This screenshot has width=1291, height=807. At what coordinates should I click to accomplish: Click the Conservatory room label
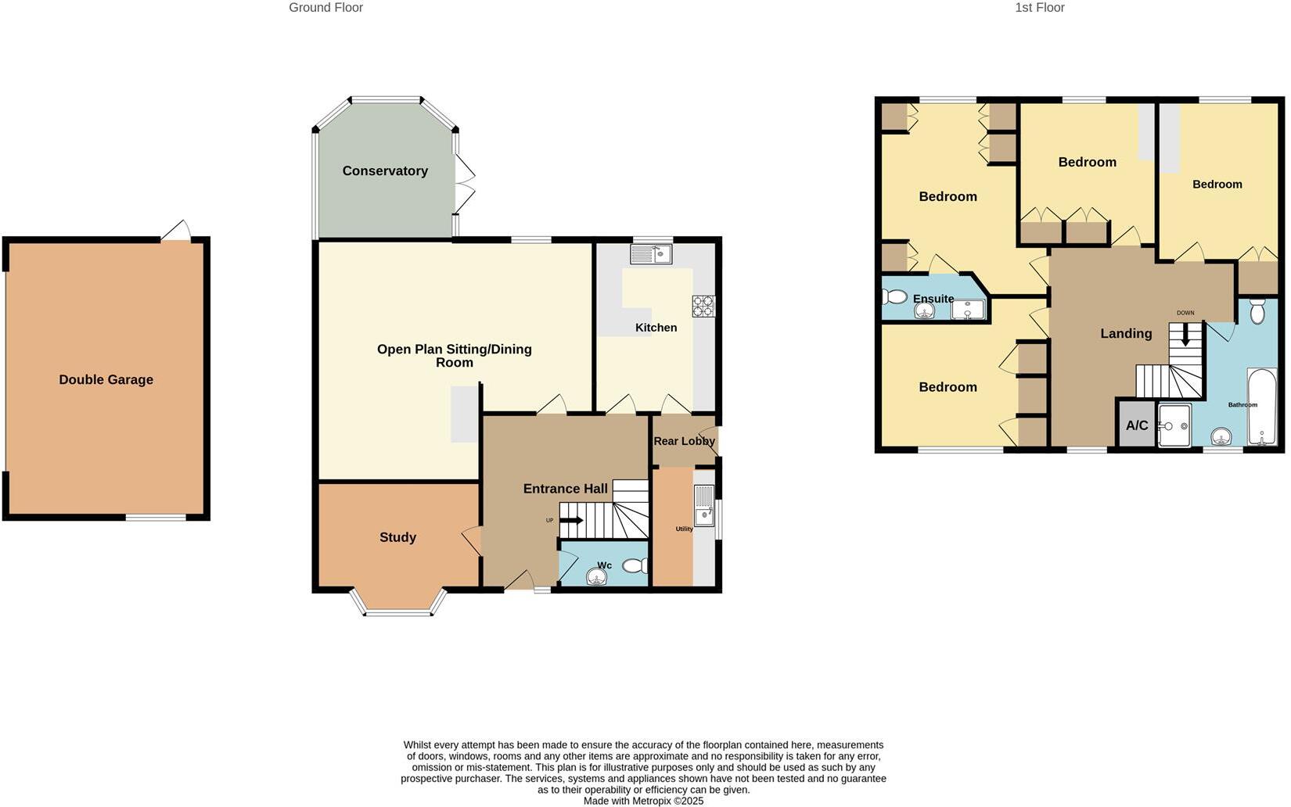pos(385,171)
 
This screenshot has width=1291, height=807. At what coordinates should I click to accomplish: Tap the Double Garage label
pos(106,380)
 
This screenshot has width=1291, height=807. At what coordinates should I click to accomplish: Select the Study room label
pos(397,537)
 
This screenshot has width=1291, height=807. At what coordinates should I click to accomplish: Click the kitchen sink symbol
pos(651,253)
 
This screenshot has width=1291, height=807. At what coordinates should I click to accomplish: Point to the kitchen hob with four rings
pos(703,306)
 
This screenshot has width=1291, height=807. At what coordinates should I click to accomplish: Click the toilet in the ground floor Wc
pos(635,566)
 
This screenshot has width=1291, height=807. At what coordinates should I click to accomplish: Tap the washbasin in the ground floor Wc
pos(597,577)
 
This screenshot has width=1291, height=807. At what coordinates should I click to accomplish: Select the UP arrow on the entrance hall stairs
pos(571,520)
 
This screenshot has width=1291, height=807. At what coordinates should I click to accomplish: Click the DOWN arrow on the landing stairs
pos(1185,336)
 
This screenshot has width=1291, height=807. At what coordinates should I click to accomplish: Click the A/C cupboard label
pos(1137,425)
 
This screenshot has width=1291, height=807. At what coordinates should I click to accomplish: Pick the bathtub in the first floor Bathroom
pos(1261,407)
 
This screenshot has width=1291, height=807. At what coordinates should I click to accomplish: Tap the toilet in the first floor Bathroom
pos(1257,310)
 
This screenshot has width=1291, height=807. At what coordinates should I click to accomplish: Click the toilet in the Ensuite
pos(894,297)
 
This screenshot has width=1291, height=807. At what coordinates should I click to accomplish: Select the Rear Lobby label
pos(684,441)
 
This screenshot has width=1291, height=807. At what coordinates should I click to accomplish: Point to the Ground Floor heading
pos(325,8)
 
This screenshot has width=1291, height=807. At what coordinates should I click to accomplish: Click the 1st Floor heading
pos(1039,8)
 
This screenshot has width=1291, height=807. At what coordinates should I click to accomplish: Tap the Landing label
pos(1126,333)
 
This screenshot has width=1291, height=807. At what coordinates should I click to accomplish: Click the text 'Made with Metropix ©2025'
pos(643,801)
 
